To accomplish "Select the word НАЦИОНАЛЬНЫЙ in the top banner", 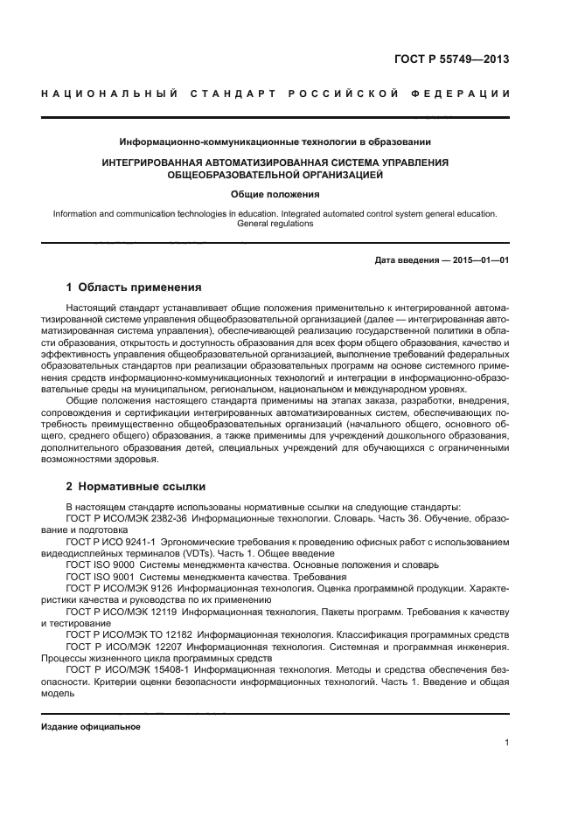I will coord(110,93).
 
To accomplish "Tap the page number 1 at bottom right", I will coord(506,743).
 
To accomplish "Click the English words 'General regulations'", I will coord(275,224).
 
